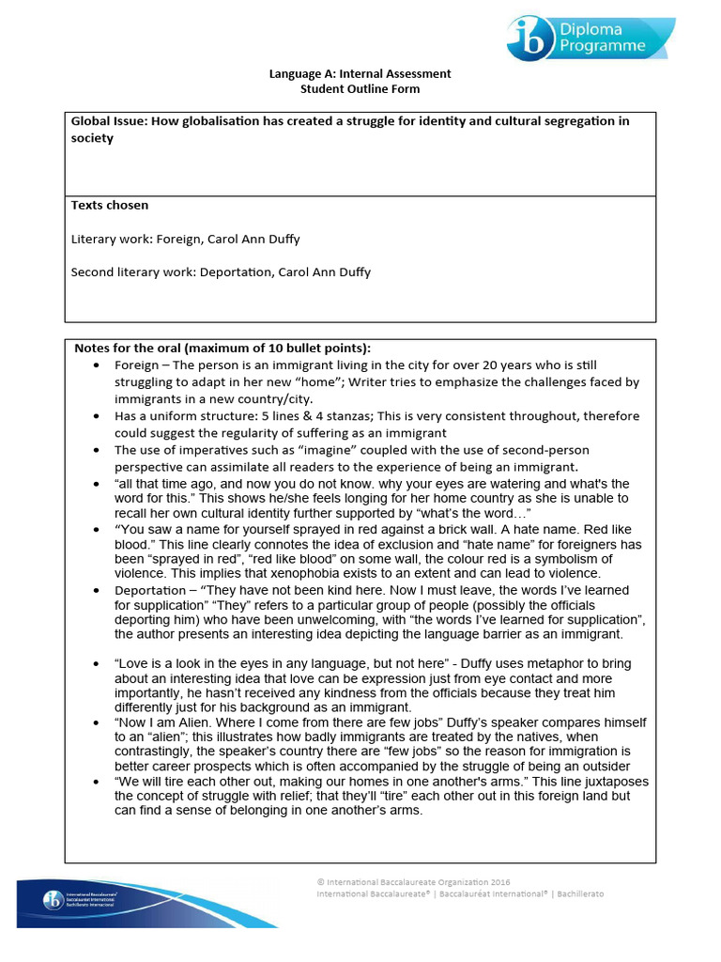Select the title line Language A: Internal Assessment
(x=360, y=73)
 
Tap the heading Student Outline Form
(x=360, y=88)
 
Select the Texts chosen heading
(x=110, y=205)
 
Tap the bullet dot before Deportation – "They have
(x=99, y=591)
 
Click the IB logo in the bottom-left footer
(x=54, y=901)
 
